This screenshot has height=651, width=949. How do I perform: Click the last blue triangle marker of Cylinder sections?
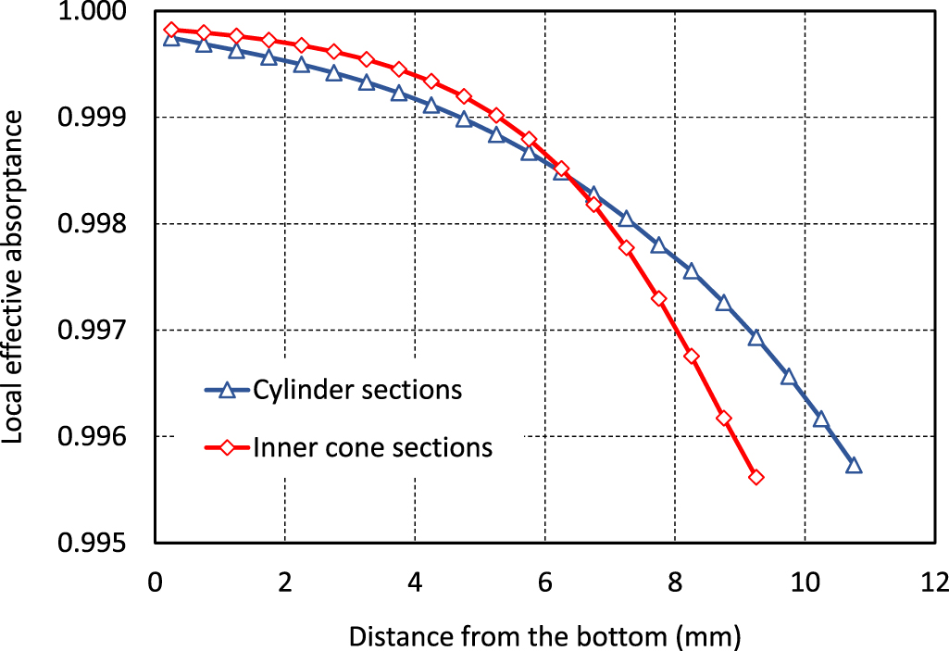(x=854, y=465)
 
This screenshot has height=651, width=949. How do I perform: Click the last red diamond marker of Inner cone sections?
(x=755, y=477)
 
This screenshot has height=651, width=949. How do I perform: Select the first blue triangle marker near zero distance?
(x=171, y=38)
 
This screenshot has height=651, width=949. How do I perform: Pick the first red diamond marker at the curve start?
(x=171, y=30)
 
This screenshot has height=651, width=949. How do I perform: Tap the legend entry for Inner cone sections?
(x=372, y=448)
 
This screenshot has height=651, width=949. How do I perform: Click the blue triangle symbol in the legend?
(x=227, y=390)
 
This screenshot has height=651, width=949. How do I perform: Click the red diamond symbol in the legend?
(x=227, y=448)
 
